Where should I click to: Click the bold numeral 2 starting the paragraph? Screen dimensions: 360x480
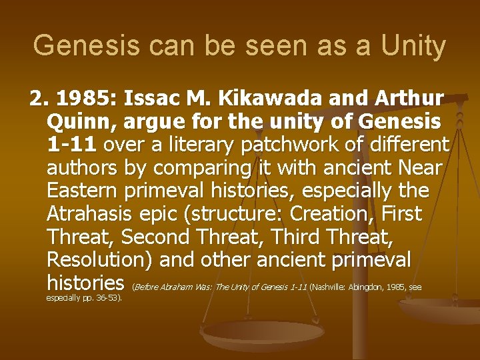click(x=36, y=100)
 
